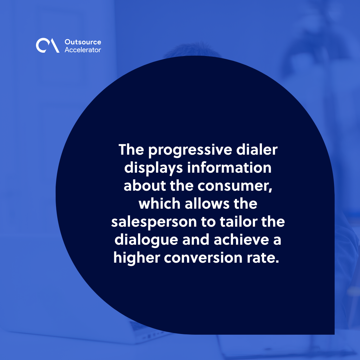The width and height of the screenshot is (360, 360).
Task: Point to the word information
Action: coord(229,168)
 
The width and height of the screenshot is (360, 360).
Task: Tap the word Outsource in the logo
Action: coord(83,42)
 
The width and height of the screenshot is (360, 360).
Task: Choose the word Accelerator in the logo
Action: coord(83,50)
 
